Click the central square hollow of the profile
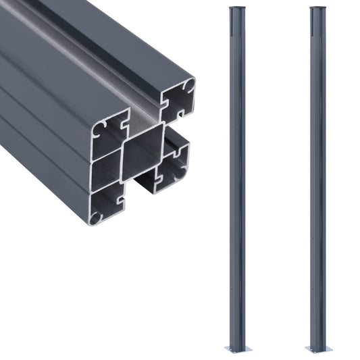pos(143,152)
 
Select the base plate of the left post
pos(238,349)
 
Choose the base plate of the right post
pos(318,349)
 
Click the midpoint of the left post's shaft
pos(237,179)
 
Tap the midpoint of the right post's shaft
pos(318,179)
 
